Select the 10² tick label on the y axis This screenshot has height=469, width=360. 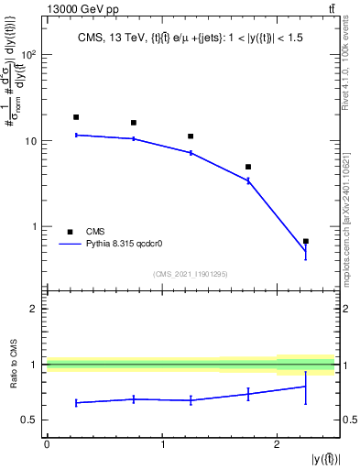click(x=28, y=55)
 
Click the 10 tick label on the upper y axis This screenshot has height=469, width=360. click(x=29, y=141)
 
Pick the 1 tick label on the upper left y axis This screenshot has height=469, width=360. click(x=33, y=226)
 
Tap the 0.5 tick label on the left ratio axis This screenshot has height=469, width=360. click(x=28, y=420)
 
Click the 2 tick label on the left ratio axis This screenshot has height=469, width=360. click(x=33, y=309)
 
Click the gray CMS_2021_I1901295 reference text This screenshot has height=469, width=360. click(x=190, y=274)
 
